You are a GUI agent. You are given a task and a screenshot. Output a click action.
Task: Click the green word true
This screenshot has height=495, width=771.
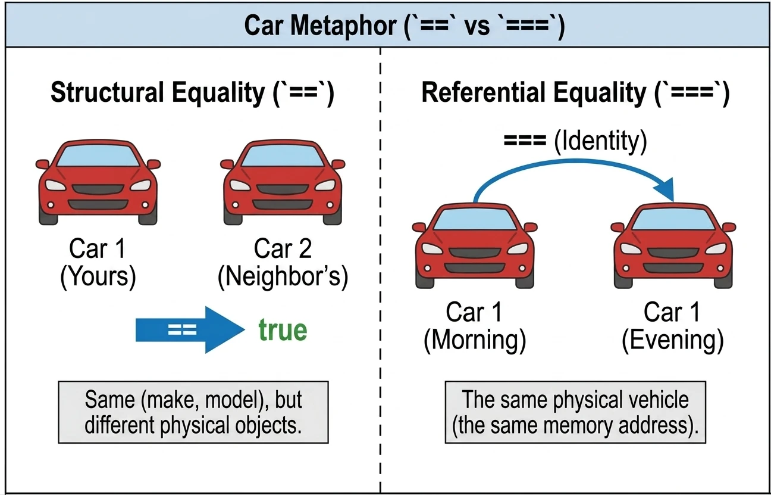[283, 330]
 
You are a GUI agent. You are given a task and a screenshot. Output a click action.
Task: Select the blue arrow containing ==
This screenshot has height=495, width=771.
[190, 330]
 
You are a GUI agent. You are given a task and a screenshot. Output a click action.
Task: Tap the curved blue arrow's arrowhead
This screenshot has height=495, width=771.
[665, 189]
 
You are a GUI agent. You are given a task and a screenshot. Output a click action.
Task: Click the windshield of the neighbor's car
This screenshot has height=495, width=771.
[283, 156]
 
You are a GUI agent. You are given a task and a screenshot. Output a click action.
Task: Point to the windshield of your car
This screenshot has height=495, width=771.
[98, 156]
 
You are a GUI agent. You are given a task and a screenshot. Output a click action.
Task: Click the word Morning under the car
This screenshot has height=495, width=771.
[475, 340]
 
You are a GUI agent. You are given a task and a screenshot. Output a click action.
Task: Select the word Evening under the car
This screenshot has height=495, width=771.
[673, 340]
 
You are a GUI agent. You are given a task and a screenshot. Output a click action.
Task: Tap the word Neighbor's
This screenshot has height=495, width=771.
[283, 277]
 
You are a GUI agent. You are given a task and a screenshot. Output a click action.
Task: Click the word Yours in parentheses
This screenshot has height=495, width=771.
[98, 277]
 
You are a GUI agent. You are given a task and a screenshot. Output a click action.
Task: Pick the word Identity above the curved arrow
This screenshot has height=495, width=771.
[601, 141]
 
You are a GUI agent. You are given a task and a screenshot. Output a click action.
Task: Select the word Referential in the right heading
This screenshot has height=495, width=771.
[484, 92]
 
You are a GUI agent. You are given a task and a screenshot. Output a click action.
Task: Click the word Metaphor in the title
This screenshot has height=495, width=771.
[343, 26]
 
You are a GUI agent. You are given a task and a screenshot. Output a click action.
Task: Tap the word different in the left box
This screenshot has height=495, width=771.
[119, 425]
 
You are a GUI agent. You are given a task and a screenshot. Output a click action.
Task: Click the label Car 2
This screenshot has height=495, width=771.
[283, 248]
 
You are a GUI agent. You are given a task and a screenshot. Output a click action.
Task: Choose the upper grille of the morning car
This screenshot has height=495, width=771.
[475, 253]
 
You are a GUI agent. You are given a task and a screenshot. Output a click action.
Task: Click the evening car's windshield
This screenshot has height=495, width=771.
[673, 219]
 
